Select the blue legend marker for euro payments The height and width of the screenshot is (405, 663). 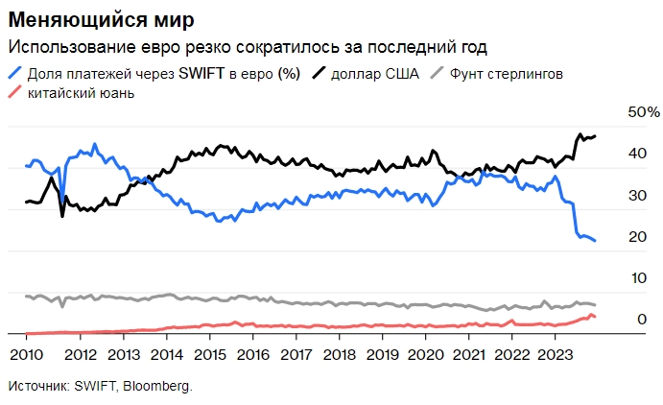coord(15,73)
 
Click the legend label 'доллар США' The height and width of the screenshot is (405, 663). coord(374,73)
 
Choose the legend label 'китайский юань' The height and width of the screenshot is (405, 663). coord(81,93)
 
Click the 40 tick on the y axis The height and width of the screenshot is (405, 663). coord(634,154)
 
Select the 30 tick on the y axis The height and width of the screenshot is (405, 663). coord(634,196)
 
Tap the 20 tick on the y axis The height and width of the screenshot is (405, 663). coord(634,237)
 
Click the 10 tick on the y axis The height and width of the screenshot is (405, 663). coord(634,278)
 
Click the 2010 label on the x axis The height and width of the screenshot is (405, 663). coord(28,352)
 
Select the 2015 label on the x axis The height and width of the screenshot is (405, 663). coord(209,352)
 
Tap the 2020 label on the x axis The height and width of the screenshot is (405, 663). coord(425,352)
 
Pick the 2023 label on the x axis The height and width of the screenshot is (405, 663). coord(555,352)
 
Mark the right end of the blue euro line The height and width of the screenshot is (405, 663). coord(595,241)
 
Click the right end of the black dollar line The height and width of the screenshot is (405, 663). coord(595,136)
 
